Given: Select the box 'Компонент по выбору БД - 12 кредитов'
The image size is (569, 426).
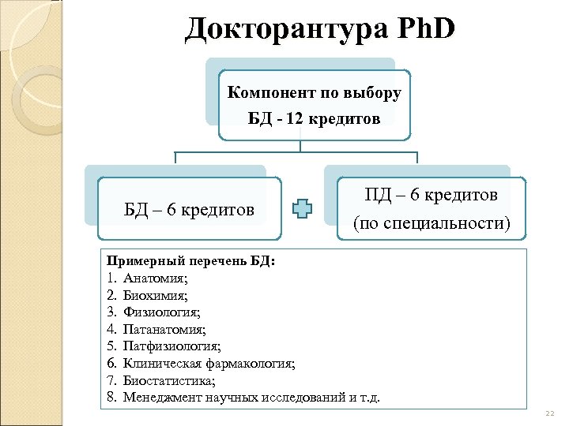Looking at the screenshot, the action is tap(314, 106).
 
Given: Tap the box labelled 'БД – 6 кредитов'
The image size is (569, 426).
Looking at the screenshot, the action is tap(190, 209).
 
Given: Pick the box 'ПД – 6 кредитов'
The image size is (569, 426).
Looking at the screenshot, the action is tap(431, 194).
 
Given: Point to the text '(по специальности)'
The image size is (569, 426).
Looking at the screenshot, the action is tap(431, 224).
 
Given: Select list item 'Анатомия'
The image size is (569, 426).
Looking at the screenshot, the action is tap(155, 278).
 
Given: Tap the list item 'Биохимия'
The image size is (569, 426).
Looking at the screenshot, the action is tap(155, 296).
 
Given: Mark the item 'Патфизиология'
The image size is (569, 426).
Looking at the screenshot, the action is tap(171, 346).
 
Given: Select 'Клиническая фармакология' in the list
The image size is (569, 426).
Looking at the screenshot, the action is tap(209, 364).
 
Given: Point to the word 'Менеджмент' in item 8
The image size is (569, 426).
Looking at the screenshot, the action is tap(160, 397).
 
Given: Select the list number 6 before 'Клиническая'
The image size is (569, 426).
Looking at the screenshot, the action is tap(111, 364).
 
